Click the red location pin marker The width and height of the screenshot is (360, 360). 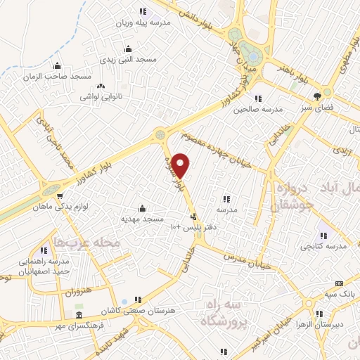click(x=181, y=165)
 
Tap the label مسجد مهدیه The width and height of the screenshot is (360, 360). click(x=142, y=219)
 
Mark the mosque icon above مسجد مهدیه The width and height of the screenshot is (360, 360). click(x=143, y=208)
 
